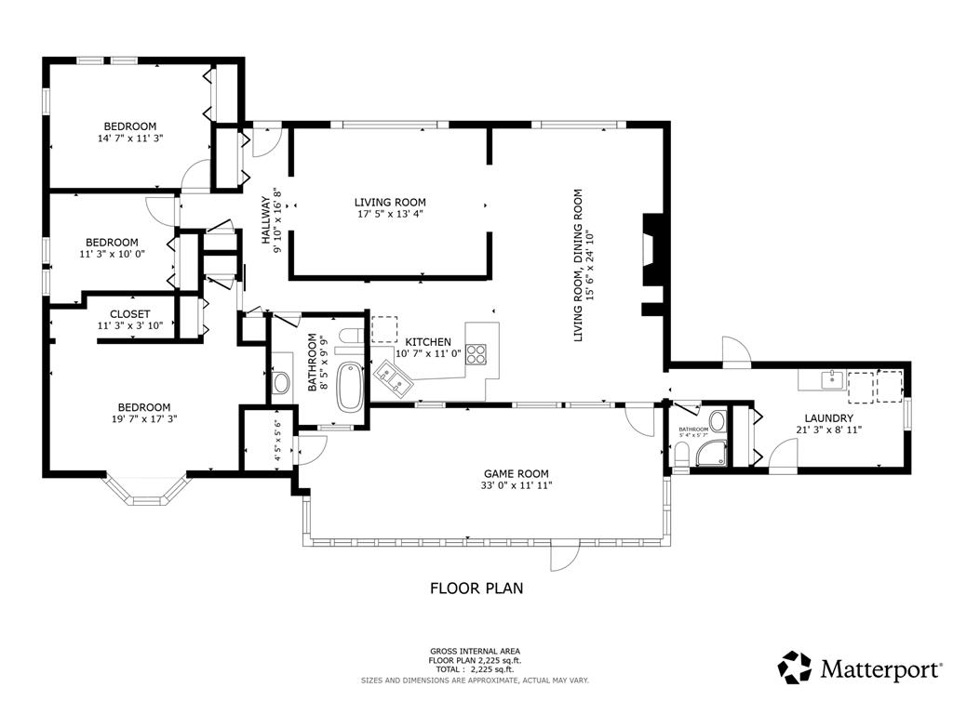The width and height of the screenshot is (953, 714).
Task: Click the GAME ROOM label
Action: coord(516,473)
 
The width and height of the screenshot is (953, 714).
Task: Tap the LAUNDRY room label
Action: coord(828,417)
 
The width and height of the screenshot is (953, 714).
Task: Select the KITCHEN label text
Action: coord(428,342)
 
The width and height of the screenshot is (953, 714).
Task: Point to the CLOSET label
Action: coord(130,314)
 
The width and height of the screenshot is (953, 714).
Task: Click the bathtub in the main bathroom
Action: coord(350,386)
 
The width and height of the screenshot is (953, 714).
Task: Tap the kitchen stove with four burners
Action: coord(476,354)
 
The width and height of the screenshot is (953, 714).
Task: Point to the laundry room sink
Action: coord(830,380)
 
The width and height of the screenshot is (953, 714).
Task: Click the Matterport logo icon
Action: coord(795,668)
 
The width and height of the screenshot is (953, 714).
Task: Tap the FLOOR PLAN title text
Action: coord(476,588)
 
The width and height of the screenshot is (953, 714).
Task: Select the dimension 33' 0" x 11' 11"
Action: coord(516,485)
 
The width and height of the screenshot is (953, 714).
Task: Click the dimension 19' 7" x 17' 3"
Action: coord(144,418)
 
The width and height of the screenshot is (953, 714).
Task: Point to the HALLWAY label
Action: coord(265,219)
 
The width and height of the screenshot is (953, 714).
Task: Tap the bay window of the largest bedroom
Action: coord(146,489)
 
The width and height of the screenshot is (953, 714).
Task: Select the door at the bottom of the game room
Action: coord(564,554)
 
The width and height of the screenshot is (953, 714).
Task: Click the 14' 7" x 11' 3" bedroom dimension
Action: coord(130,138)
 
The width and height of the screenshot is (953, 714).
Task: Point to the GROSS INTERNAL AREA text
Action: coord(475,652)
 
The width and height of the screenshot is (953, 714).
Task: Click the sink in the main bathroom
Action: coord(281,382)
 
